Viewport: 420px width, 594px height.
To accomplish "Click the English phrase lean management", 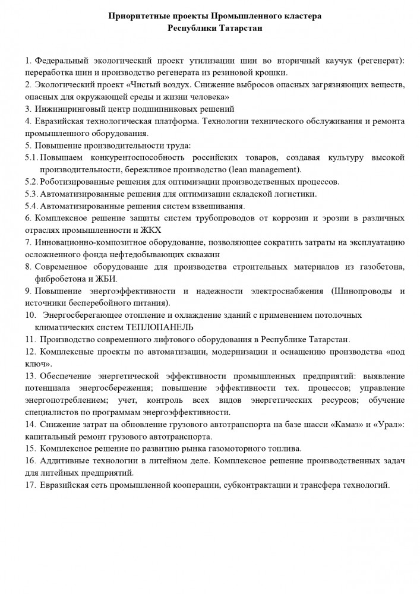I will click(267, 169).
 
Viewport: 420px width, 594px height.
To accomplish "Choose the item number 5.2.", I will click(32, 181).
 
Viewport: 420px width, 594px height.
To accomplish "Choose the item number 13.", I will click(31, 376).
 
